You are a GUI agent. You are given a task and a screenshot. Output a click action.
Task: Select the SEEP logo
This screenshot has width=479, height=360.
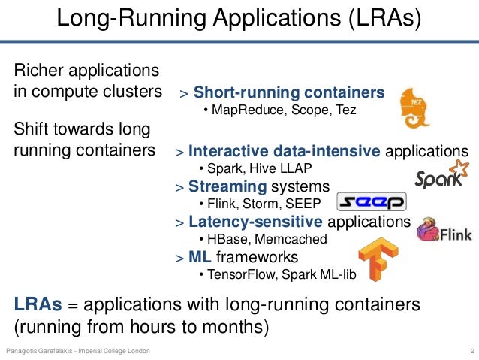tap(371, 202)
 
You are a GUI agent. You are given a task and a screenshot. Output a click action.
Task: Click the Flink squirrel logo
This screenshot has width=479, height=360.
tap(444, 231)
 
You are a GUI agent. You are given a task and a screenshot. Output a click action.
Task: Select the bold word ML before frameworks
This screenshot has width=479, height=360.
tap(199, 257)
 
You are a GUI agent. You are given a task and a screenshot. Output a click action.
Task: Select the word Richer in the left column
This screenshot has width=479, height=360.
tap(40, 71)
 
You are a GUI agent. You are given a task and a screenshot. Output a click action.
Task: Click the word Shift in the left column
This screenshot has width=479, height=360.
tap(32, 129)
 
